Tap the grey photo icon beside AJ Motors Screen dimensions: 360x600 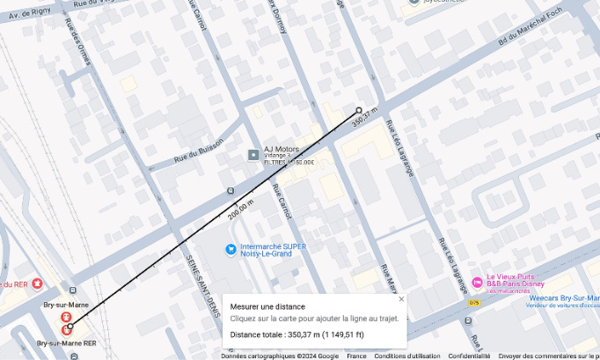253,156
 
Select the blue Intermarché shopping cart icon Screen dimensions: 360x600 230,249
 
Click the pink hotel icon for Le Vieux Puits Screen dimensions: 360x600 477,282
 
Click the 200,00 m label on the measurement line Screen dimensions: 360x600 240,209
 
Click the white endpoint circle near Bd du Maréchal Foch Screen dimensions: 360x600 358,110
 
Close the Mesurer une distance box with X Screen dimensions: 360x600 401,298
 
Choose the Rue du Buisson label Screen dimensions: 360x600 198,149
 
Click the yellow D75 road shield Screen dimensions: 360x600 474,303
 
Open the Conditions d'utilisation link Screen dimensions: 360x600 406,356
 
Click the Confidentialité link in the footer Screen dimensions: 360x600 469,356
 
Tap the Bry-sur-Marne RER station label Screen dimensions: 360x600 66,342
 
